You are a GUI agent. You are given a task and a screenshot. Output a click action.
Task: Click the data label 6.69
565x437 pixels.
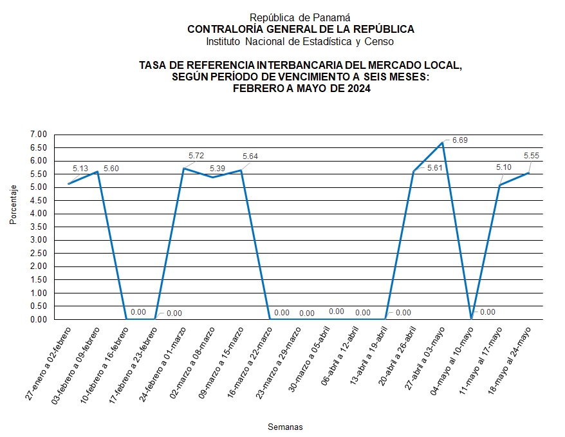coord(460,140)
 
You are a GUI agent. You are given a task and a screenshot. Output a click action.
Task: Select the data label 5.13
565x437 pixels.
coord(80,169)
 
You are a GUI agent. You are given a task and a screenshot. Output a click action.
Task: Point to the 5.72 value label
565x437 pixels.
coord(196,156)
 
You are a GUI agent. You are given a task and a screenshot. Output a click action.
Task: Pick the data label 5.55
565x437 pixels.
coord(532,156)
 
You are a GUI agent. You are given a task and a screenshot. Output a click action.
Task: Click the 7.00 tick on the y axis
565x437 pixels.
coord(39,135)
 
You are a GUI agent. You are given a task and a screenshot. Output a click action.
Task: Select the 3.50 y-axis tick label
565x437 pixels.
coord(39,227)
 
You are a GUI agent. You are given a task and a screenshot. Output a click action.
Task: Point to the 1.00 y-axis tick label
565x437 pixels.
coord(39,293)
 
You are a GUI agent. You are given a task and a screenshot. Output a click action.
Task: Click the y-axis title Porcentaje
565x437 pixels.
coord(14,205)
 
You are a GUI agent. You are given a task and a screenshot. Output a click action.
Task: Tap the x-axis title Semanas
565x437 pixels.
coord(285,427)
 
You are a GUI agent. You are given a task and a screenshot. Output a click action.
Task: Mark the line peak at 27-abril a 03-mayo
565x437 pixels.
coord(443,143)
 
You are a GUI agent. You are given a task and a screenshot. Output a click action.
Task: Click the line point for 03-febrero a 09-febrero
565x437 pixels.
coord(97,171)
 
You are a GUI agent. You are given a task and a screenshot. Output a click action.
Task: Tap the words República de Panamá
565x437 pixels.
coord(300,18)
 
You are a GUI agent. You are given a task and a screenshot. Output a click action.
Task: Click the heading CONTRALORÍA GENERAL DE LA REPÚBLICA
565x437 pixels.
coord(301,30)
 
